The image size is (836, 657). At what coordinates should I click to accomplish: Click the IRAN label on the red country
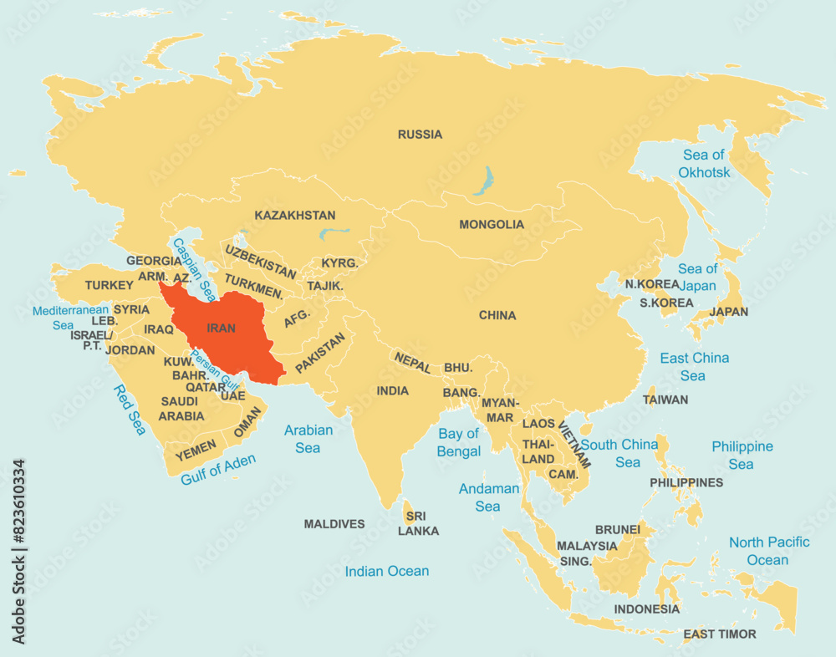[x=221, y=328]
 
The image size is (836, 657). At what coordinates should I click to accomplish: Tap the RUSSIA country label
[x=420, y=135]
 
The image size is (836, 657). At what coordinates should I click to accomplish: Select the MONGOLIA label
[x=492, y=225]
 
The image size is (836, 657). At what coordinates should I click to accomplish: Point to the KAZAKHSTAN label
[x=295, y=216]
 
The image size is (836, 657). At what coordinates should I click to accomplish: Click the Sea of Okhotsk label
[x=704, y=164]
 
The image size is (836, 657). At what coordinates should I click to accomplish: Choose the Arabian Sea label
[x=308, y=439]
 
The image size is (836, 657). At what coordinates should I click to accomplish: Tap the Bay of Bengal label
[x=459, y=442]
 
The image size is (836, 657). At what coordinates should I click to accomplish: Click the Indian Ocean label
[x=387, y=572]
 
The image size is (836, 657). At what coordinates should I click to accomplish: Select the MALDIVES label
[x=334, y=524]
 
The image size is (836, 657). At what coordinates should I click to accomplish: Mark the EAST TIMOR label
[x=720, y=634]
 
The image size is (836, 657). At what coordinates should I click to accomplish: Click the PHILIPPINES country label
[x=686, y=482]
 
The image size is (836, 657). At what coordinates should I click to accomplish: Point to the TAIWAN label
[x=665, y=400]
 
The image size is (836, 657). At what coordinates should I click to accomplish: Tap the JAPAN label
[x=728, y=312]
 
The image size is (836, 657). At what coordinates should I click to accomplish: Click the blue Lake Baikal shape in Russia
[x=482, y=181]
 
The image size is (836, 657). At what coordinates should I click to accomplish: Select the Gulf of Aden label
[x=218, y=469]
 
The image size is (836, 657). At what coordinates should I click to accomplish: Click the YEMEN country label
[x=196, y=449]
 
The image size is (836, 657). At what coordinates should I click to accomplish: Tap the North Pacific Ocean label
[x=768, y=551]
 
